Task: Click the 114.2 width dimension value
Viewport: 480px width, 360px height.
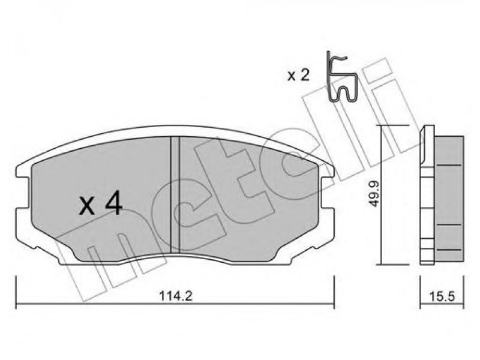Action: pos(175,296)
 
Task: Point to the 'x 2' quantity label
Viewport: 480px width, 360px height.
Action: pos(298,76)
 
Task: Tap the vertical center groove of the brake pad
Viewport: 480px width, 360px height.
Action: pos(175,195)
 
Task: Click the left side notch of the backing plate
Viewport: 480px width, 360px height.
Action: pos(23,192)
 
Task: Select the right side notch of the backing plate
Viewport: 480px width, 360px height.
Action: pos(327,192)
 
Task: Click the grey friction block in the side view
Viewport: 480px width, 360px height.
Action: pos(449,199)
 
